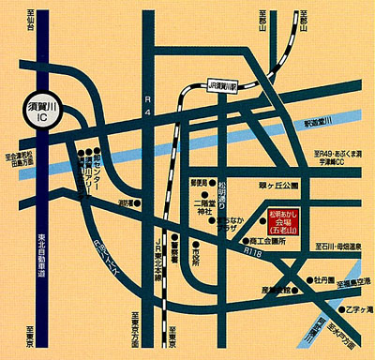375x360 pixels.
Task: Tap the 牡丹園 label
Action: tap(323, 279)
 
